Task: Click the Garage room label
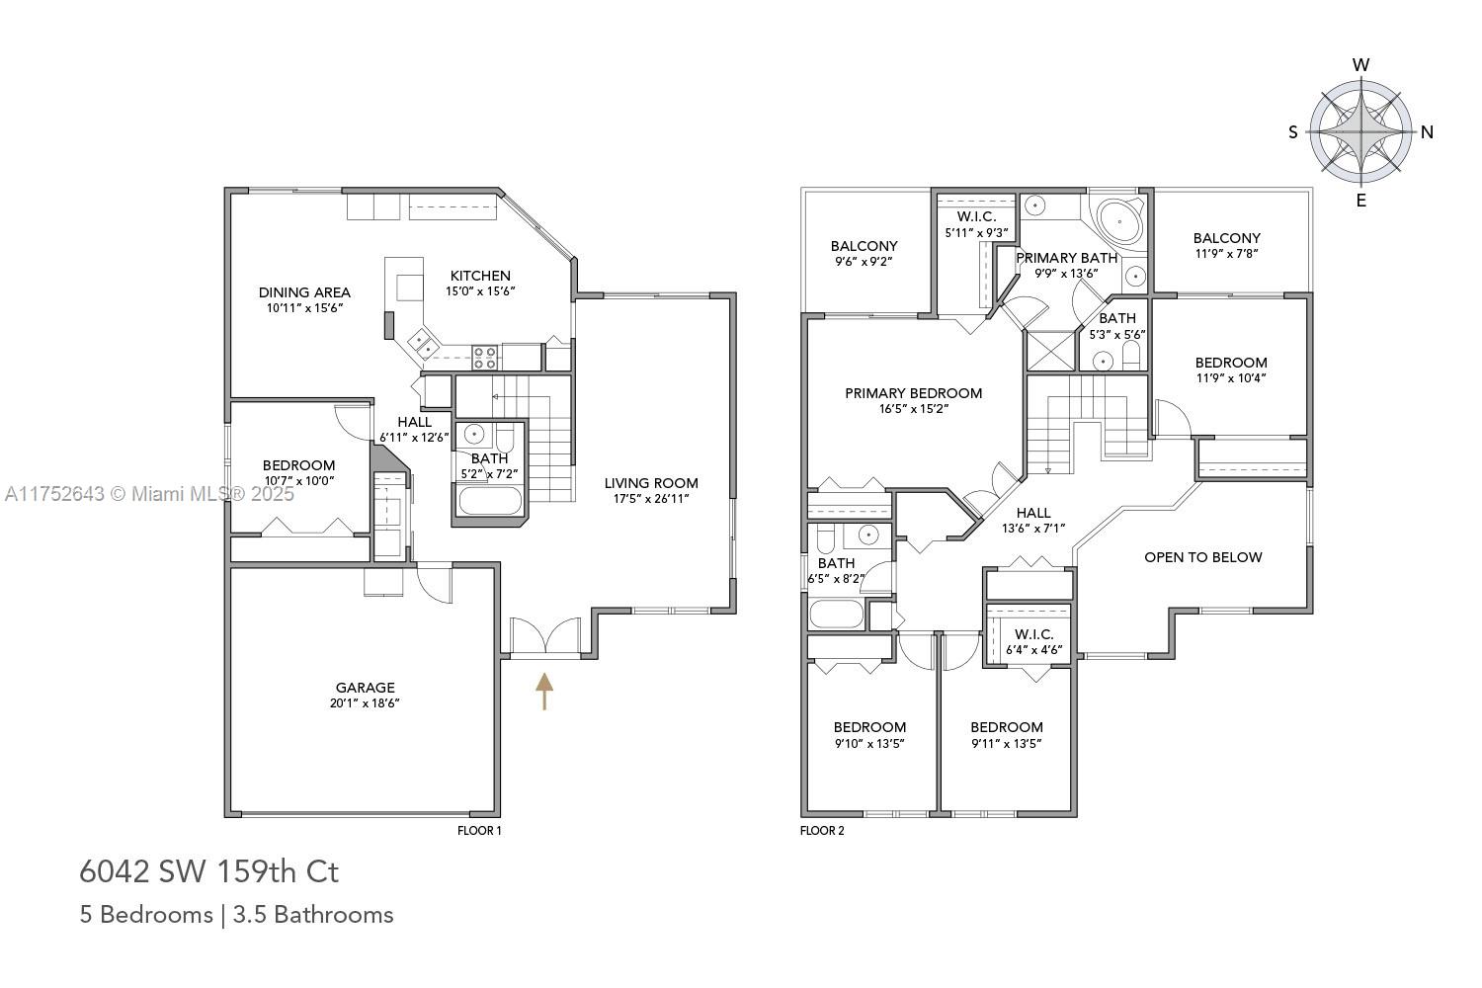(365, 688)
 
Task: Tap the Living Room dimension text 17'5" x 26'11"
(651, 498)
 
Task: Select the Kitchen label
(480, 276)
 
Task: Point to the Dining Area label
(304, 291)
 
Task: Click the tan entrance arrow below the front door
(543, 691)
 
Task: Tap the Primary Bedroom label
(914, 393)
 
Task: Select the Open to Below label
(1202, 557)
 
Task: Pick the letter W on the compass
(1360, 65)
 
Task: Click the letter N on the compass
(1427, 132)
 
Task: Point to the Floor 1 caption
(479, 831)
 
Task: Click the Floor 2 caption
(822, 831)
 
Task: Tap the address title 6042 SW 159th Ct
(209, 871)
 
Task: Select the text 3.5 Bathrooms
(313, 915)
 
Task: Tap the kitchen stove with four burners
(484, 358)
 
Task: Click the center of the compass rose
(1360, 132)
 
